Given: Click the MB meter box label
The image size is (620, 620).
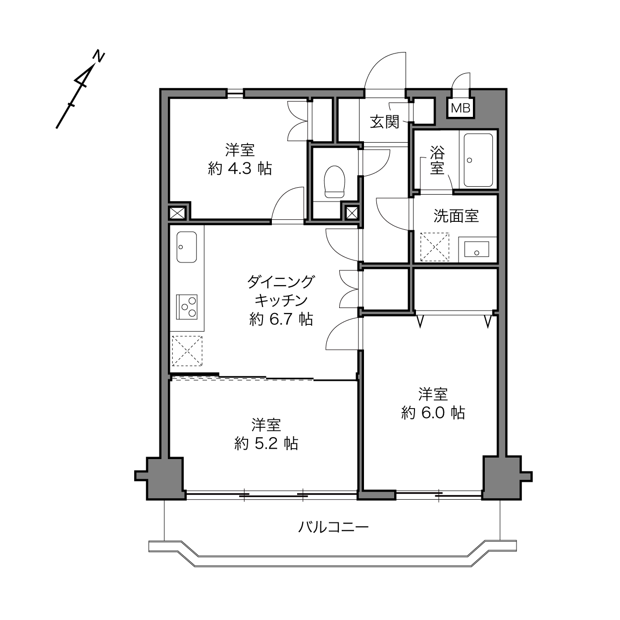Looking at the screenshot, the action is click(x=461, y=108).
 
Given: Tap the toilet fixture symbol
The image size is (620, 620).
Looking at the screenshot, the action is click(x=335, y=182).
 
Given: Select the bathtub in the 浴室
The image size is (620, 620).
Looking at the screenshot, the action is click(x=478, y=160).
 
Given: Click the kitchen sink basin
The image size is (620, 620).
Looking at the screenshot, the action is click(x=187, y=247).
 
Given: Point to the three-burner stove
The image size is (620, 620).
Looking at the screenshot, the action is click(x=187, y=307).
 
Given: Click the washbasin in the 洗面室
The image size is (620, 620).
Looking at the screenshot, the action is click(x=476, y=250).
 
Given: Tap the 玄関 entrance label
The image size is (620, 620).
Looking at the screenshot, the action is click(x=384, y=122).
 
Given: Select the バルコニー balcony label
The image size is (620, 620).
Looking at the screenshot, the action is click(x=333, y=527).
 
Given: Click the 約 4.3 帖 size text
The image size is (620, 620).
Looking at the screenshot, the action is click(x=240, y=168).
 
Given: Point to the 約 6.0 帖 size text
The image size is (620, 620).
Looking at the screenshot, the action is click(x=433, y=413).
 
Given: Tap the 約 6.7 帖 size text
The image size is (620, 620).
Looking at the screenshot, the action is click(x=281, y=319).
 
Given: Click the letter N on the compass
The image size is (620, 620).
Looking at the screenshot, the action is click(x=99, y=56).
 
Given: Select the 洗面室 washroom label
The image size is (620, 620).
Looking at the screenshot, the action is click(x=456, y=216).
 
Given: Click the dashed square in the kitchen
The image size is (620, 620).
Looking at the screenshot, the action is click(x=187, y=351).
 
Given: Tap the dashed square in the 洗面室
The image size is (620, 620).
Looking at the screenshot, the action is click(x=435, y=247).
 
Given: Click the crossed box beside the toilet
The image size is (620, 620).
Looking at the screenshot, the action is click(x=352, y=212).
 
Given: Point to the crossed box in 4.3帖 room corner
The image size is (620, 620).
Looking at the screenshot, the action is click(x=177, y=212).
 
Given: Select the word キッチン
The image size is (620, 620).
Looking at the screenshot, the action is click(x=281, y=301).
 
